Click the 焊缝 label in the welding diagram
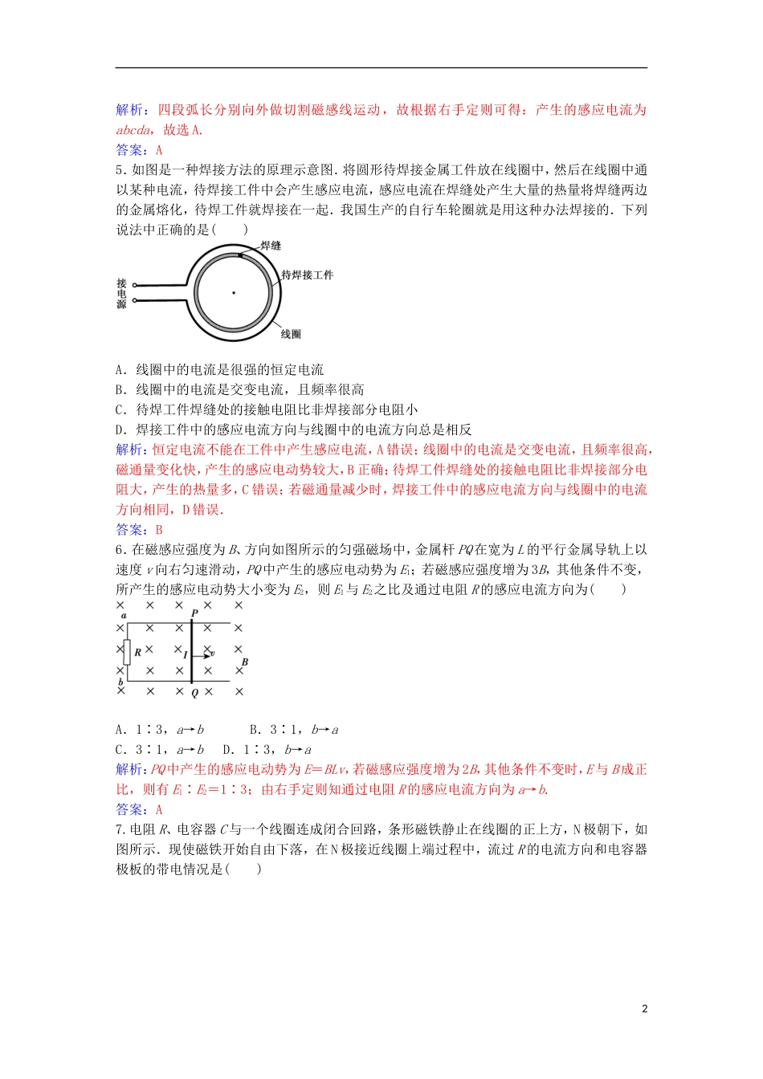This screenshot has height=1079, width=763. pyautogui.click(x=271, y=246)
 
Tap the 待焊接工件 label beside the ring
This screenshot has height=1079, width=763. pyautogui.click(x=307, y=275)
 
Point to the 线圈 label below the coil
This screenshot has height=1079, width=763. pyautogui.click(x=291, y=334)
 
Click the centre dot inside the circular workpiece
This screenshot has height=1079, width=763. pyautogui.click(x=234, y=292)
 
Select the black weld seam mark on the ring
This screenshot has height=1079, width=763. pyautogui.click(x=239, y=256)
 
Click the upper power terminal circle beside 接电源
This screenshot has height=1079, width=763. pyautogui.click(x=135, y=285)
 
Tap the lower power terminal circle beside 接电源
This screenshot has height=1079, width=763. pyautogui.click(x=135, y=301)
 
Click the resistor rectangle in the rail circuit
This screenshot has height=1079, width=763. pyautogui.click(x=126, y=652)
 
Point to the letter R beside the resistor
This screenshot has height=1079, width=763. pyautogui.click(x=138, y=653)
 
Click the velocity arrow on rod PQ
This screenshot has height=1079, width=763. pyautogui.click(x=202, y=655)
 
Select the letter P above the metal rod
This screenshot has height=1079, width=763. pyautogui.click(x=194, y=613)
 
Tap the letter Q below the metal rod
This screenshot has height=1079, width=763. pyautogui.click(x=194, y=693)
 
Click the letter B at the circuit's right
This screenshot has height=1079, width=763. pyautogui.click(x=245, y=662)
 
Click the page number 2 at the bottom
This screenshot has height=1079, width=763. pyautogui.click(x=644, y=1009)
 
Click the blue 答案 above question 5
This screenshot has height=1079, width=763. pyautogui.click(x=130, y=150)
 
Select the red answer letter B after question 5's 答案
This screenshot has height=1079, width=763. pyautogui.click(x=159, y=530)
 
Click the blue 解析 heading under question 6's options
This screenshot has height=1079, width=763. pyautogui.click(x=130, y=770)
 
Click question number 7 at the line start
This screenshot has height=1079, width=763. pyautogui.click(x=120, y=830)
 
